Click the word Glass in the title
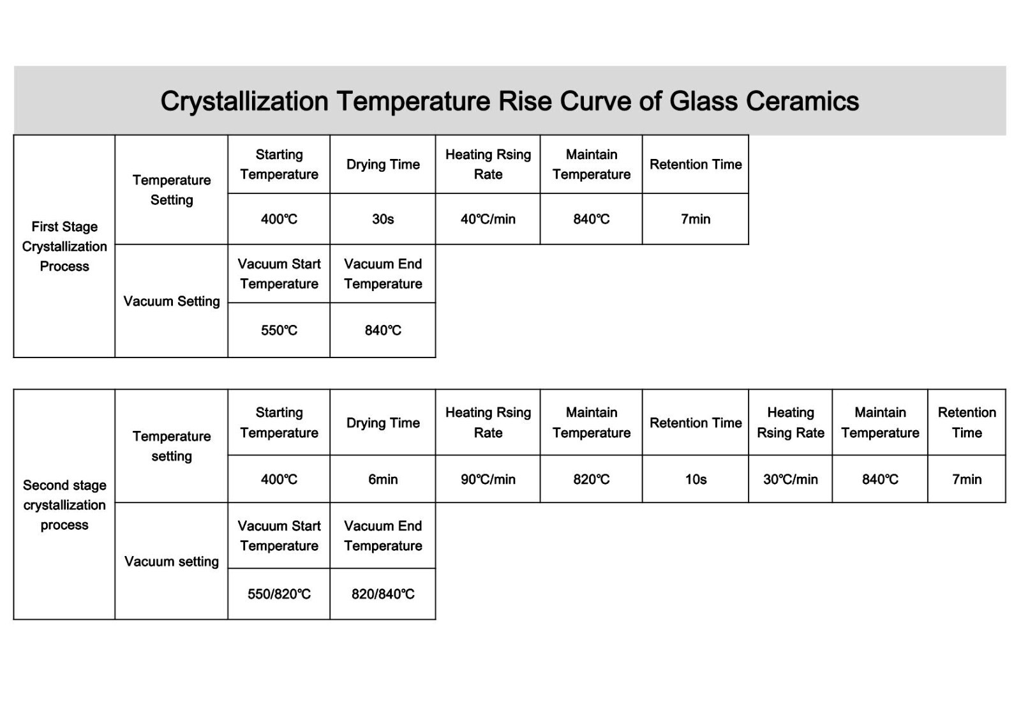coord(703,101)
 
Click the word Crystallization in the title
coord(244,102)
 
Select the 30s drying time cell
coord(383,220)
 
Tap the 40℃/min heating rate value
coord(488,220)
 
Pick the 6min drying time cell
coord(383,479)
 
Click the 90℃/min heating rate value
coord(488,479)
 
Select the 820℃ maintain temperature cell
coord(591,479)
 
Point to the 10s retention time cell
coord(696,479)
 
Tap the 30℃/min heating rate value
coord(791,479)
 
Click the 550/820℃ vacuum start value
coord(279,594)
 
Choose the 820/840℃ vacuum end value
coord(383,594)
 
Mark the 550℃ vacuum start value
coord(279,330)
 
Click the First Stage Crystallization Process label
coord(64,246)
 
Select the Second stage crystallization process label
coord(64,505)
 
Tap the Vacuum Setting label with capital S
coord(172,301)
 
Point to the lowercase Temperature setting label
coord(172,446)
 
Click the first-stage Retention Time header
coord(696,164)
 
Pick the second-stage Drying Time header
coord(383,423)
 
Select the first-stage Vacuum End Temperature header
coord(383,274)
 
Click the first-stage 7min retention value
coord(696,220)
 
